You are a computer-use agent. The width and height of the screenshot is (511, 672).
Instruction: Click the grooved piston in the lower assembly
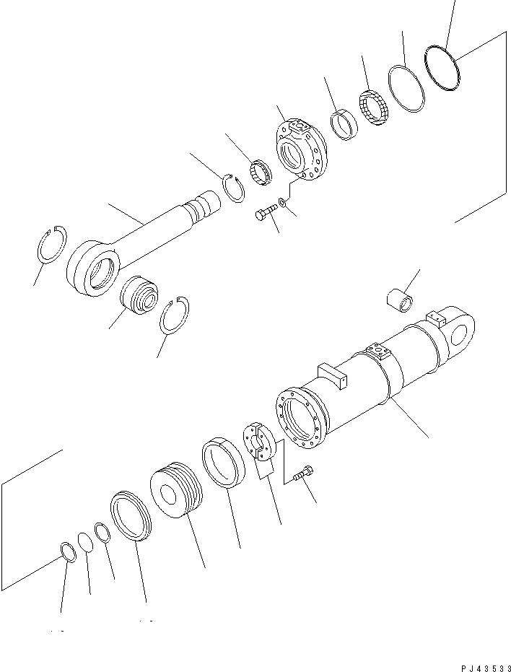pyautogui.click(x=177, y=492)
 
